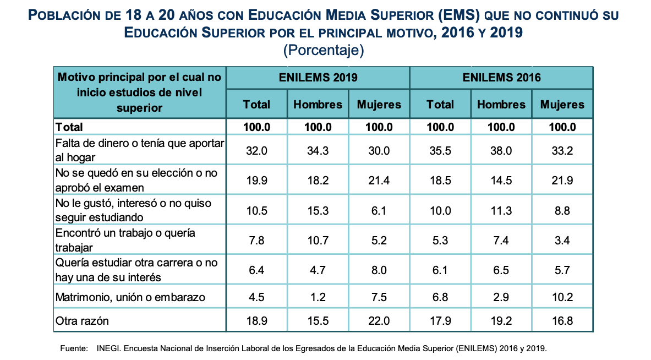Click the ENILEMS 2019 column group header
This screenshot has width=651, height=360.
318,78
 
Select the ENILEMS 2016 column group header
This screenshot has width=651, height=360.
501,78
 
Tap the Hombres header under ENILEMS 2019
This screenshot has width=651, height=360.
318,105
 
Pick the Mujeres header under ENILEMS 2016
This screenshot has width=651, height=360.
562,105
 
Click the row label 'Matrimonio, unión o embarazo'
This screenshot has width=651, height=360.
130,298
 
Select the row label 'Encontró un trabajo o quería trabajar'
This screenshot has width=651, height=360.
125,240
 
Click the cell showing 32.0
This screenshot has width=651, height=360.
256,151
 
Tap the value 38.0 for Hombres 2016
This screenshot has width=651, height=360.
501,151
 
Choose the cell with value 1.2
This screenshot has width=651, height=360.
318,298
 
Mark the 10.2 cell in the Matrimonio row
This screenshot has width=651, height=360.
562,298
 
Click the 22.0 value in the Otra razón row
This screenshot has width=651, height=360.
379,321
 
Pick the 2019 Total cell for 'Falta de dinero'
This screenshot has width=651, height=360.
256,151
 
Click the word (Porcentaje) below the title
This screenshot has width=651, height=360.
324,51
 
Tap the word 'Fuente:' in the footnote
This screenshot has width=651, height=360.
73,348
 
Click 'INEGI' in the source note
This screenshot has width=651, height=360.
107,348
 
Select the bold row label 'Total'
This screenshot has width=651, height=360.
69,127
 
